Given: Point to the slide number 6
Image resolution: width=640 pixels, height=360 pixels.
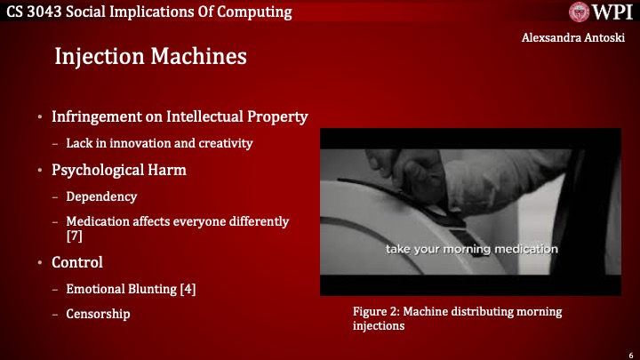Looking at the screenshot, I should [628, 352].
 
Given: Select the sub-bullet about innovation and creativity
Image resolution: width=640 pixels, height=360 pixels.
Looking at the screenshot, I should [159, 143].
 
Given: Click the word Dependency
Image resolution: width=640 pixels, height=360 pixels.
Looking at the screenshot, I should [101, 196].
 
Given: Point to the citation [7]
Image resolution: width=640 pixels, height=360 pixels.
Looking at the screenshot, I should [75, 236].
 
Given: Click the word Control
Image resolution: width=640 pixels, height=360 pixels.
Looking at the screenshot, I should [77, 262].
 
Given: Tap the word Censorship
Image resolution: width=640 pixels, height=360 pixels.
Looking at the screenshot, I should [98, 314].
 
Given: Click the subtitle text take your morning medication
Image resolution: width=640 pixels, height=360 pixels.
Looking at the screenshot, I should [471, 248].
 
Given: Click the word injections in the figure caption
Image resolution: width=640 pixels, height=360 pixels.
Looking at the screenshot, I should [379, 326].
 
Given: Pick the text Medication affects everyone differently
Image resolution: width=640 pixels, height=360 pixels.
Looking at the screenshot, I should [178, 221].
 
